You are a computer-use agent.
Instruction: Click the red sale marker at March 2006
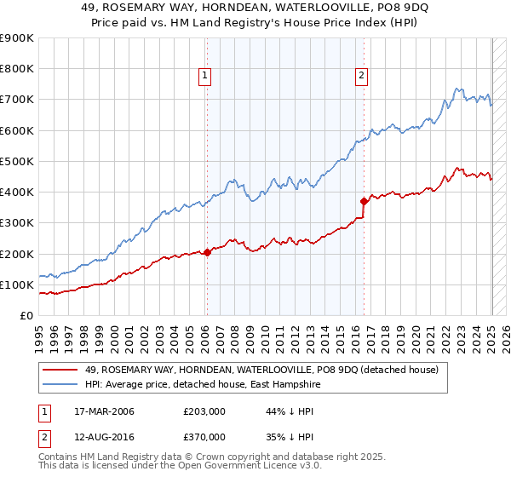[207, 252]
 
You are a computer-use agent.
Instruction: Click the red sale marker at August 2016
[364, 202]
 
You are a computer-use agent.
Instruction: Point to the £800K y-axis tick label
[17, 69]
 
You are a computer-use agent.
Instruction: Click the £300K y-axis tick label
[17, 223]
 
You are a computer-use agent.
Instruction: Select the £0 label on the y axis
[27, 316]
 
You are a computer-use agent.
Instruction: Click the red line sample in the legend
[60, 371]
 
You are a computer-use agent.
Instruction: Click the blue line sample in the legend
[60, 384]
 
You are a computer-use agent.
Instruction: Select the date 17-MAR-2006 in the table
[98, 412]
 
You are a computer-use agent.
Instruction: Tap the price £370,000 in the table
[204, 437]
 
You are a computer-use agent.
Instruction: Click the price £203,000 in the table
[204, 412]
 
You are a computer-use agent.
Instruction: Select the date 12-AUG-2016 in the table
[98, 437]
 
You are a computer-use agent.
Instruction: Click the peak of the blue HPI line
[457, 88]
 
